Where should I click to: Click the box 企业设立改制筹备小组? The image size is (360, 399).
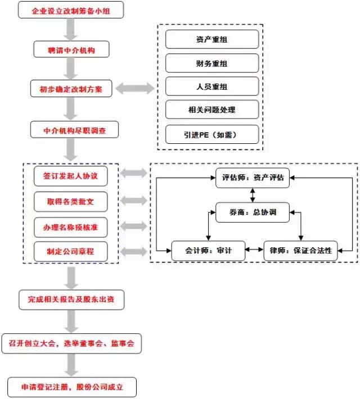coord(71,11)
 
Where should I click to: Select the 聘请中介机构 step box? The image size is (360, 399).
coord(71,51)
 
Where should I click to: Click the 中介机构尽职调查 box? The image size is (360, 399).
coord(75,130)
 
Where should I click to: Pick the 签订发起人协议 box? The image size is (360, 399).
coord(71,176)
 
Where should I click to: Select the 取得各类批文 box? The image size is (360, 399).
coord(71,201)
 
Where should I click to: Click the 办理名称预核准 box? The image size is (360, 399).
coord(71,226)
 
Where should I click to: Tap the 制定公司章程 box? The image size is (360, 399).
coord(71,251)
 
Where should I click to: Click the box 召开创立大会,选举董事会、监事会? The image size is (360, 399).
coord(71,342)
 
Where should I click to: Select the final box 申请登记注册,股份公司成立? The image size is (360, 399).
coord(71,387)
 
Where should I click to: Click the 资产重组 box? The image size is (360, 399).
coord(212,39)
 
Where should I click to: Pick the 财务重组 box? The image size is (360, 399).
coord(212,63)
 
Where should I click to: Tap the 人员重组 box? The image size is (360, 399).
coord(212,87)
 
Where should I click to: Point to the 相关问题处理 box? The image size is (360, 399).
coord(212,110)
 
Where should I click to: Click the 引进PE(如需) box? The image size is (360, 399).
coord(212,134)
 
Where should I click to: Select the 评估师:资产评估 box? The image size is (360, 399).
coord(253,178)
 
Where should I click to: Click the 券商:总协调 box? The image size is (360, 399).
coord(253,212)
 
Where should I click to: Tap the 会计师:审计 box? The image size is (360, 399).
coord(209,250)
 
